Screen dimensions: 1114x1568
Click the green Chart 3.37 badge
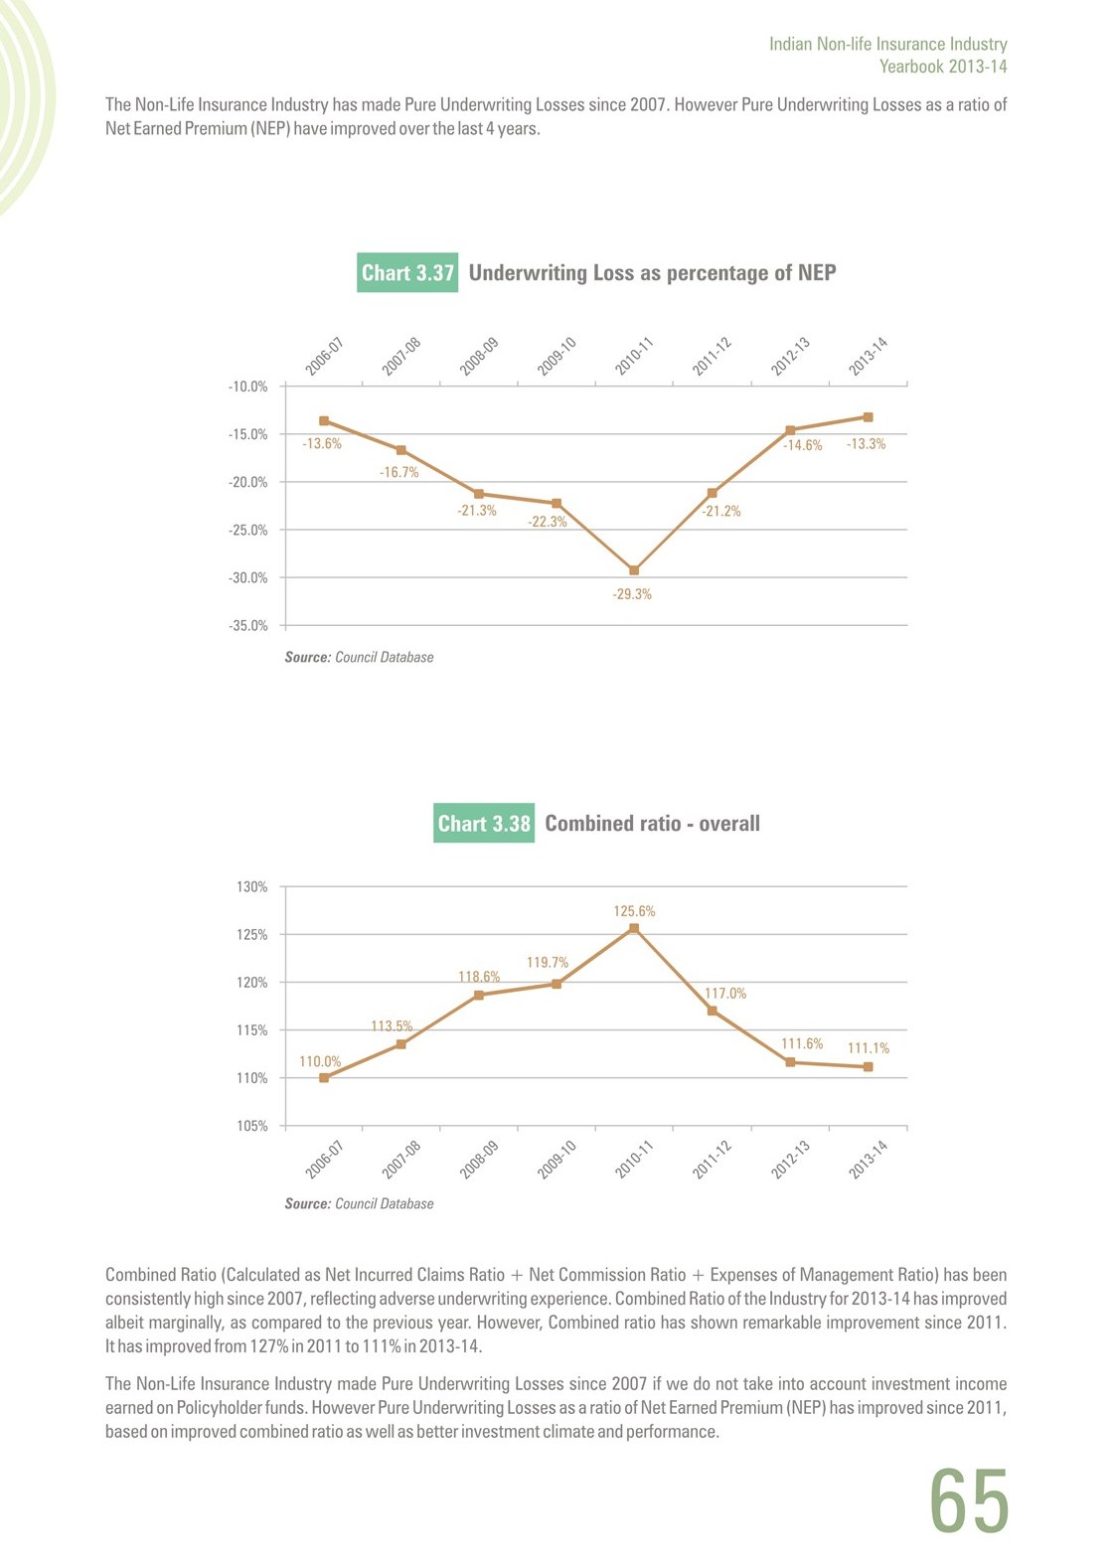coord(406,272)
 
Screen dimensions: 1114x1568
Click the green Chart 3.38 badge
coord(483,823)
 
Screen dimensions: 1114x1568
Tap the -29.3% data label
coord(632,594)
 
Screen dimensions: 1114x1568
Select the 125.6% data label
coord(634,911)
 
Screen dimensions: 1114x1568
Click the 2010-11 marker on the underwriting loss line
coord(634,570)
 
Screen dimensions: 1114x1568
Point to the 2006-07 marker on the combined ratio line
coord(324,1078)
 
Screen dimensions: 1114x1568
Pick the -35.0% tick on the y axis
coord(247,626)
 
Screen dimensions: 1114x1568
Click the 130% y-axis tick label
coord(252,887)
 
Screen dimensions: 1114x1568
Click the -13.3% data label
coord(866,444)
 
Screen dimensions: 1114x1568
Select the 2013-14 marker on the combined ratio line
coord(869,1067)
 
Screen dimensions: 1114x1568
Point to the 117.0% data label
coord(725,993)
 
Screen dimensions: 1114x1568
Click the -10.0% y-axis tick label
coord(247,387)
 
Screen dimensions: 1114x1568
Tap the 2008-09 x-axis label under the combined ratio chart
coord(478,1160)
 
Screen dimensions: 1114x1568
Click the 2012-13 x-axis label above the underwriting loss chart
coord(790,357)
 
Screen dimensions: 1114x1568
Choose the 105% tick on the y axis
coord(252,1126)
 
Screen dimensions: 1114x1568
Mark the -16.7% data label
coord(399,473)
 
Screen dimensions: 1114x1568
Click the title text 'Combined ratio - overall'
coord(653,823)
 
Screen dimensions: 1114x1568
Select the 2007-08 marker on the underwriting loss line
coord(401,450)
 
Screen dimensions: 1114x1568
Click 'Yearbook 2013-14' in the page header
coord(943,67)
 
